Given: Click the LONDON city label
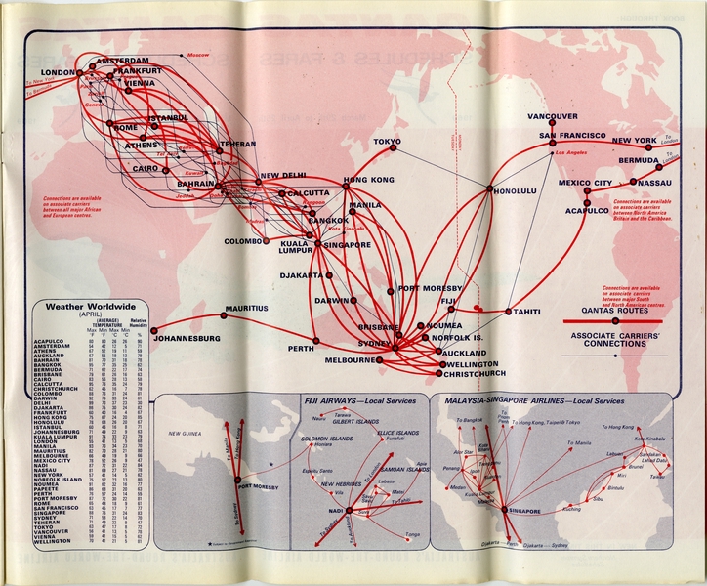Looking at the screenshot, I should click(x=58, y=73).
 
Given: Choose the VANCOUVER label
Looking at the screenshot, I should click(x=552, y=116).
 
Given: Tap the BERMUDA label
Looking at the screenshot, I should click(x=638, y=159).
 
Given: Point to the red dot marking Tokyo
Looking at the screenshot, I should click(x=395, y=148).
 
